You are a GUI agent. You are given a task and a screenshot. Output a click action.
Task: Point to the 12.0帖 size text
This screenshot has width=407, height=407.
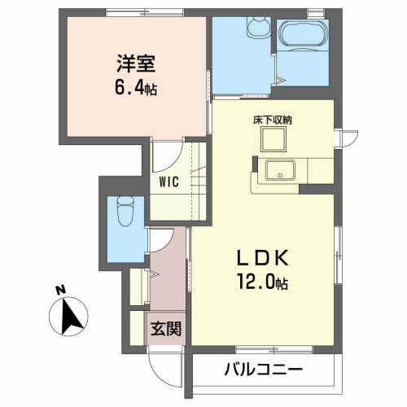261,285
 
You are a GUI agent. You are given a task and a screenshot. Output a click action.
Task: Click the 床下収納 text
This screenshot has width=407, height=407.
277,120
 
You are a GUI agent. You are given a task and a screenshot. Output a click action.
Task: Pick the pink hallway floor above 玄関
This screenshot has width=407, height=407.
168,277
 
